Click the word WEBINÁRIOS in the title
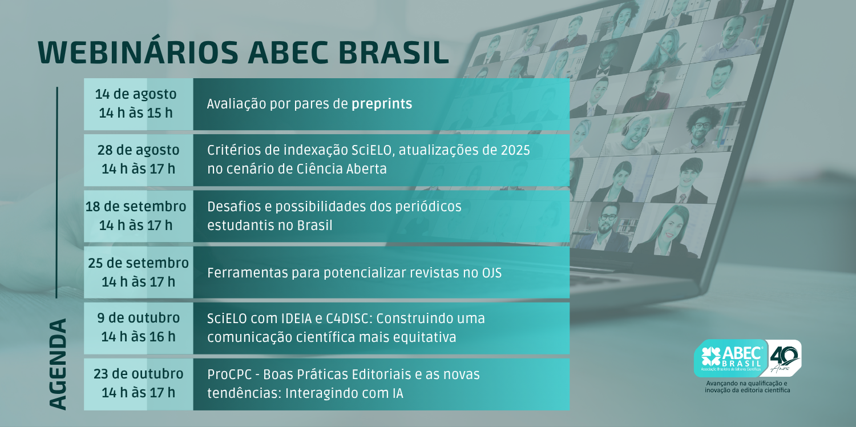click(x=138, y=53)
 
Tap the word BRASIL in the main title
click(x=394, y=53)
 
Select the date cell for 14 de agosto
click(x=138, y=104)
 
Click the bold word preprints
click(x=382, y=104)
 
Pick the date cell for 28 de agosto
click(x=138, y=160)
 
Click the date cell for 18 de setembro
click(x=138, y=216)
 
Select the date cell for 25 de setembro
click(x=138, y=272)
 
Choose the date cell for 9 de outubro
click(x=138, y=328)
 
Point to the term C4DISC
click(x=349, y=319)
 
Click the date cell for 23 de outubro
click(x=138, y=384)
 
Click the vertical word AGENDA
click(x=58, y=364)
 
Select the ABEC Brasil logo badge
click(x=730, y=358)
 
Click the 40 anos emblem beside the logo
click(x=784, y=358)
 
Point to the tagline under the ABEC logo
click(x=747, y=386)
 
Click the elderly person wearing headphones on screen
click(x=635, y=132)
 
